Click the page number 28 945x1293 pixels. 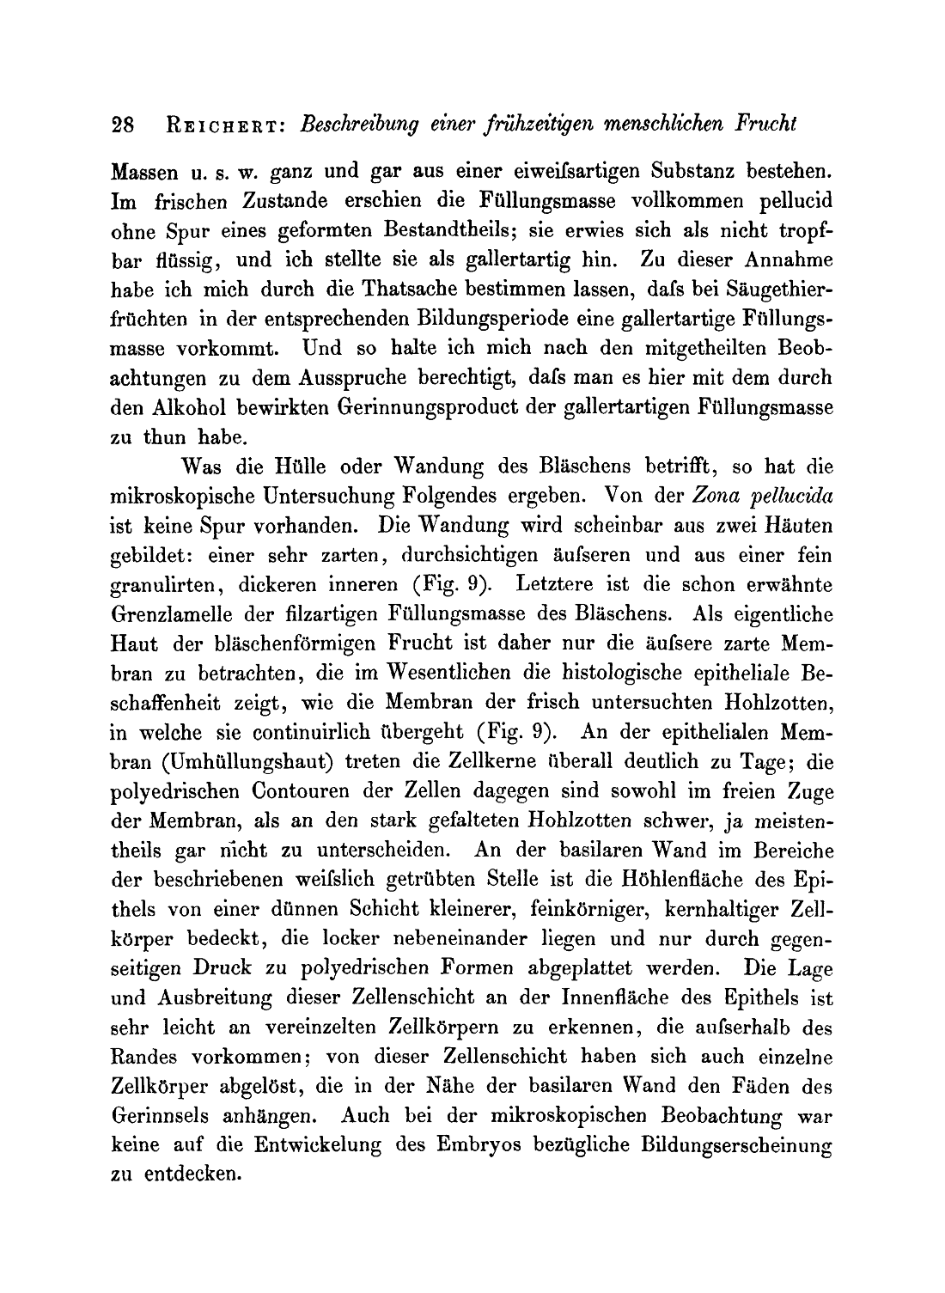(x=124, y=124)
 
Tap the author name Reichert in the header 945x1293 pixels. (x=223, y=124)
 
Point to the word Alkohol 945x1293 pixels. (x=191, y=407)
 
